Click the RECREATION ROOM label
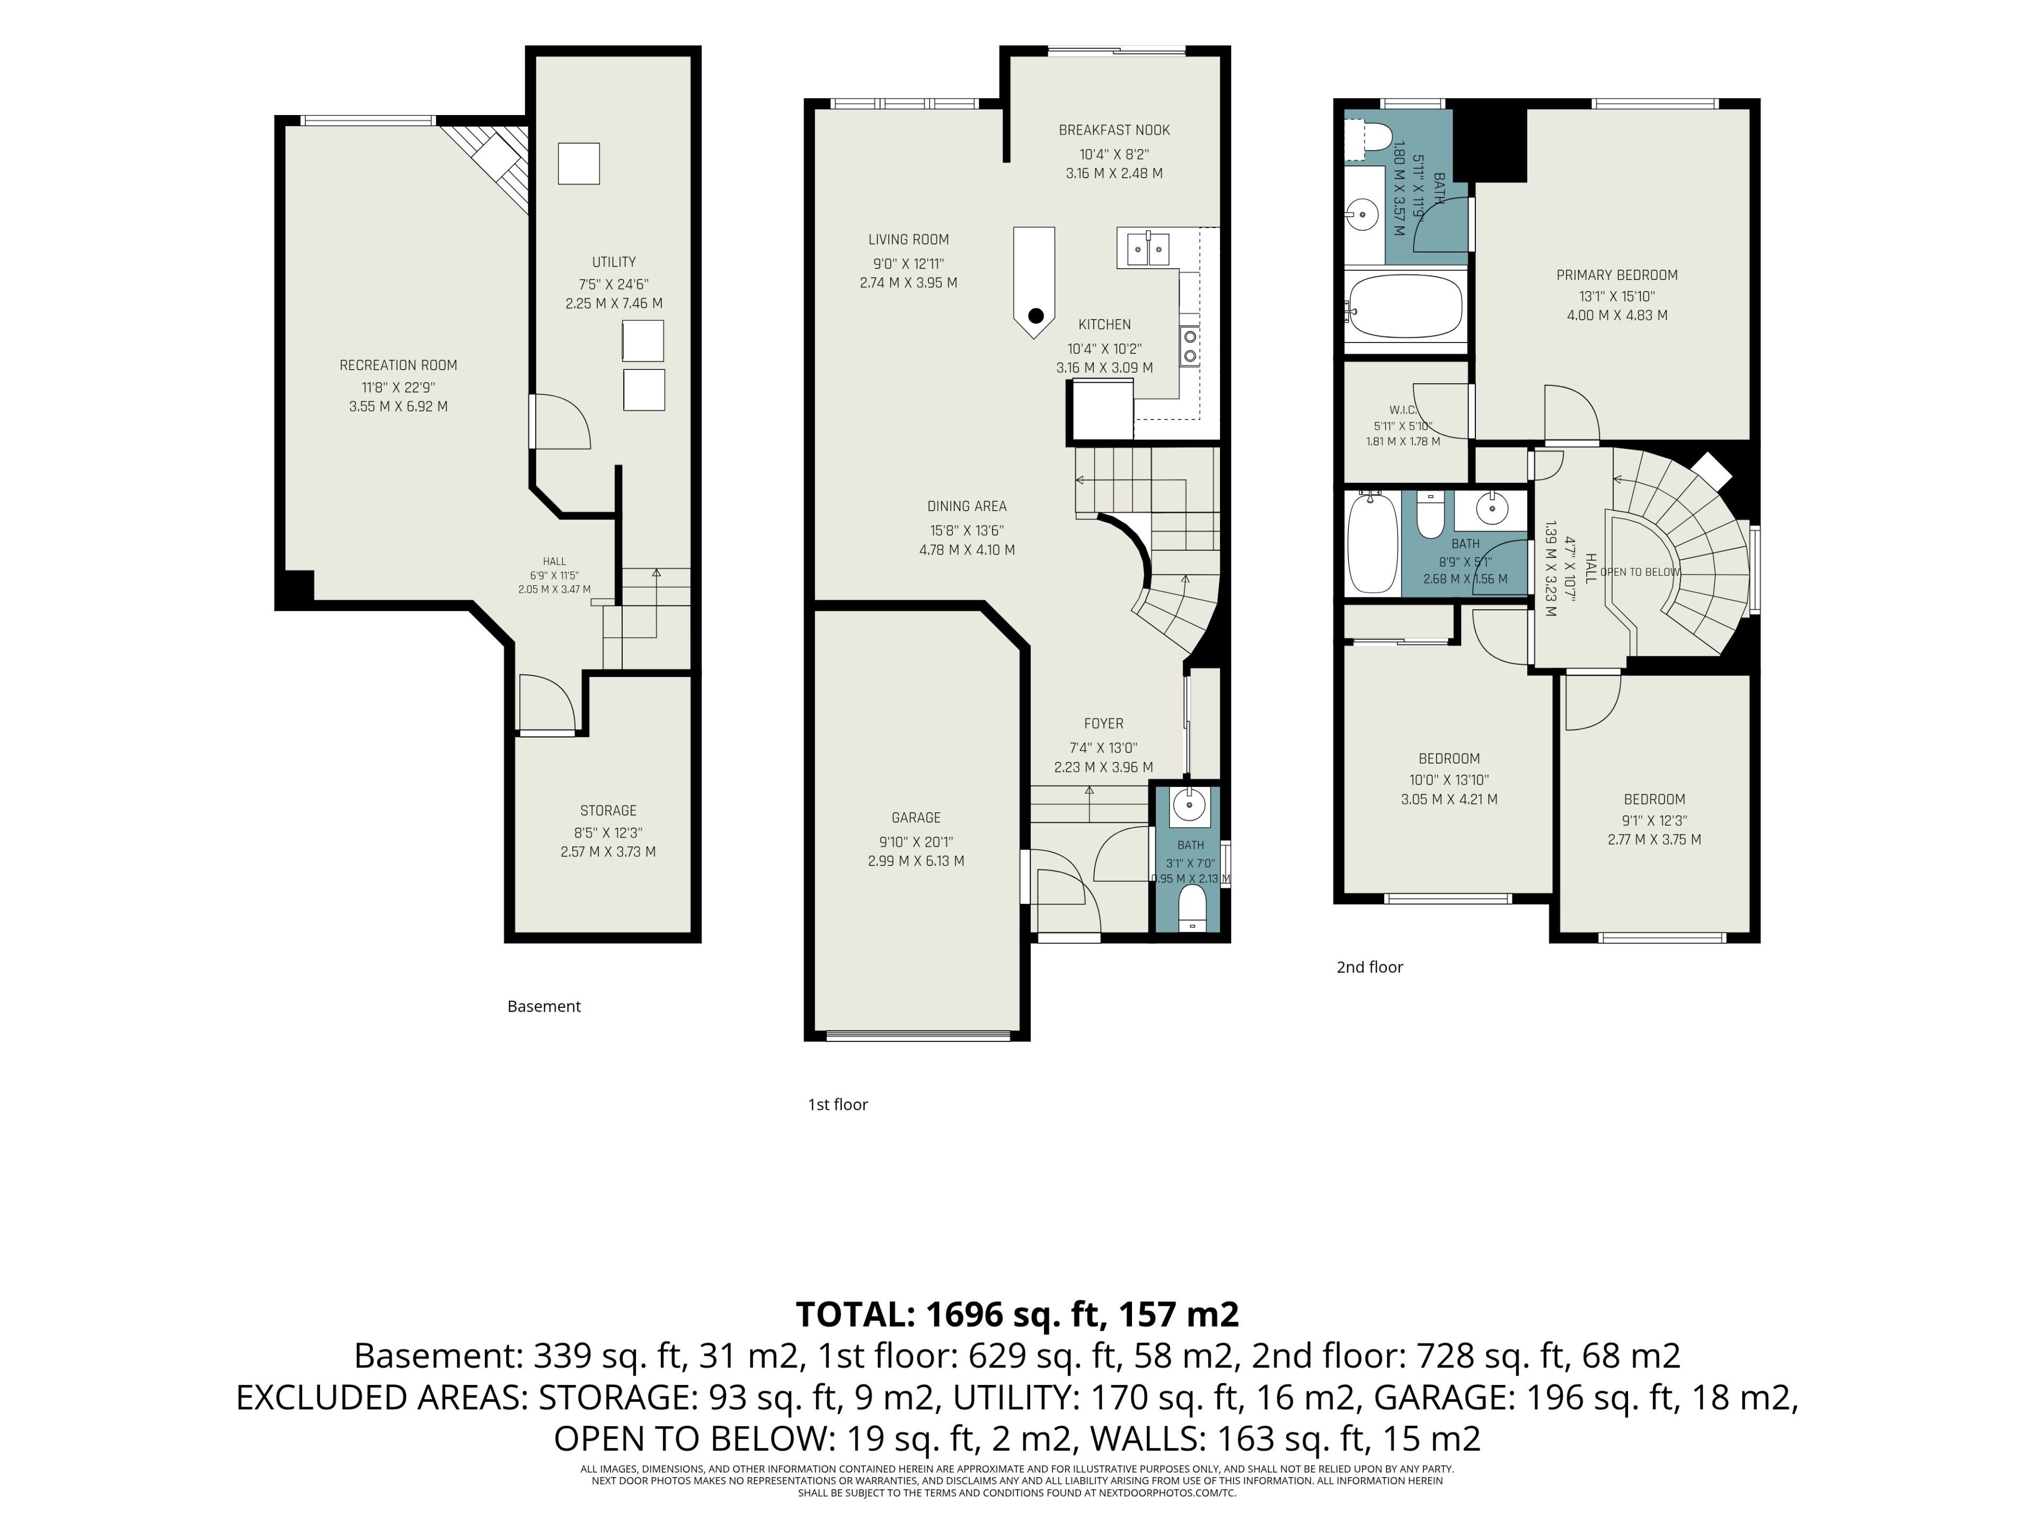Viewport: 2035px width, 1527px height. coord(399,365)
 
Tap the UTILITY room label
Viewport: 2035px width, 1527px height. coord(614,262)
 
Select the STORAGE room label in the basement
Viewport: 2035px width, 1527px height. coord(608,811)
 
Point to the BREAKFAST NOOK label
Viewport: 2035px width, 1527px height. coord(1114,131)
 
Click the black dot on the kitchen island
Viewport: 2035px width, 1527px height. coord(1036,315)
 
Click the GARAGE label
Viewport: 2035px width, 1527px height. coord(916,818)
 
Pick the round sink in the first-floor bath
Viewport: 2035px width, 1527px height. coord(1190,806)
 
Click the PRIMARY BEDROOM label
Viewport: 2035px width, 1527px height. coord(1617,275)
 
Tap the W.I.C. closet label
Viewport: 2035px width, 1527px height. coord(1403,410)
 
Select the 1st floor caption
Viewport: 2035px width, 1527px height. coord(837,1104)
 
